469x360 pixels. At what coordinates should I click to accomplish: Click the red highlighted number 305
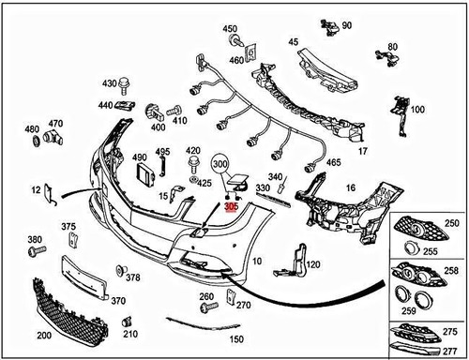pos(231,205)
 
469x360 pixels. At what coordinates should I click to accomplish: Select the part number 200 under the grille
pos(44,335)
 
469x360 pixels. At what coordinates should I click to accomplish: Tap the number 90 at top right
pos(347,24)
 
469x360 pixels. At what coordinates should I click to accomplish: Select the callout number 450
pos(230,30)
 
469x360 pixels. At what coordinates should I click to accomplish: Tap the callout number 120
pos(313,264)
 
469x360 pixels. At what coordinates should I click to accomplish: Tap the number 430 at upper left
pos(109,83)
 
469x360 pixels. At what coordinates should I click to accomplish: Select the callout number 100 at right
pos(417,110)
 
